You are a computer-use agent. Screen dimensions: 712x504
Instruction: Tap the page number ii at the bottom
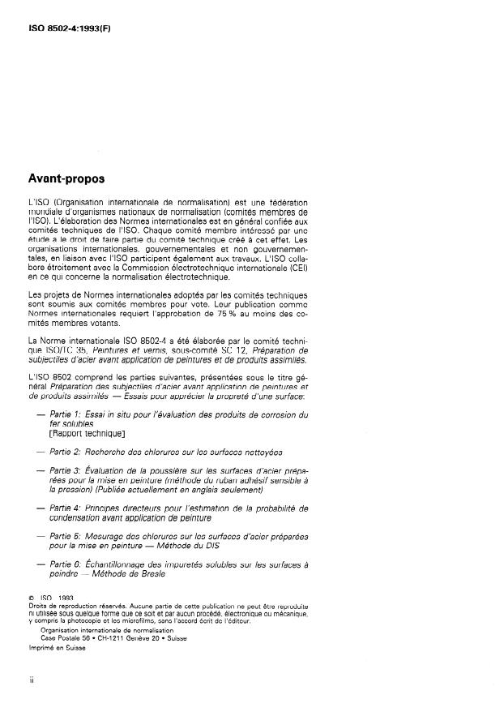click(x=31, y=680)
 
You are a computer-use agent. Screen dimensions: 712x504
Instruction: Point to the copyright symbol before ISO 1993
click(x=30, y=598)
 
